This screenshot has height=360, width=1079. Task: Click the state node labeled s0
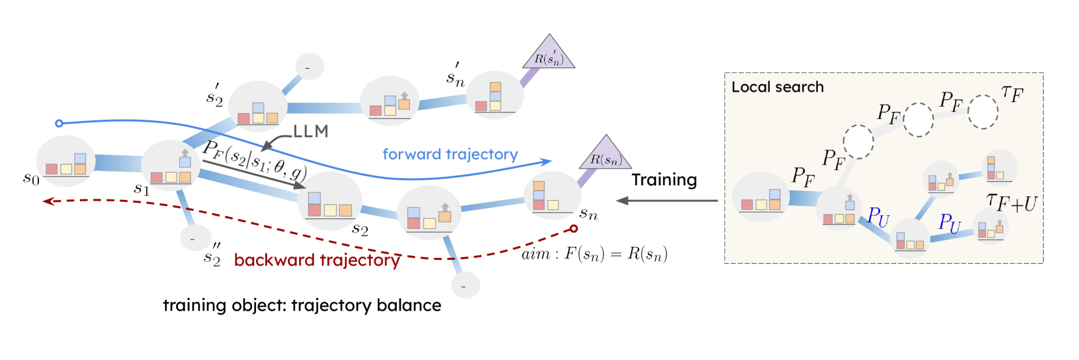pyautogui.click(x=66, y=162)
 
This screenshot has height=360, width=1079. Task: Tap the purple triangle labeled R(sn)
pyautogui.click(x=605, y=155)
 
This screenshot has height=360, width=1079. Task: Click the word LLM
pyautogui.click(x=311, y=132)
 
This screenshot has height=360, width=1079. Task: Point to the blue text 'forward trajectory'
pyautogui.click(x=450, y=154)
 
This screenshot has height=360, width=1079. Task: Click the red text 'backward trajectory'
pyautogui.click(x=317, y=260)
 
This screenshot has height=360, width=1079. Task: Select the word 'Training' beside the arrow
pyautogui.click(x=664, y=180)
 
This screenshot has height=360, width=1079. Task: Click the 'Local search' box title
pyautogui.click(x=777, y=87)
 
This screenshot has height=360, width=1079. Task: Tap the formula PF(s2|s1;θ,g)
pyautogui.click(x=254, y=159)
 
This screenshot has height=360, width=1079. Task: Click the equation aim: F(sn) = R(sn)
pyautogui.click(x=594, y=254)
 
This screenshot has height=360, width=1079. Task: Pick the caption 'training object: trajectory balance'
pyautogui.click(x=301, y=305)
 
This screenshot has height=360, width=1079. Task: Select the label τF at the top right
pyautogui.click(x=1012, y=94)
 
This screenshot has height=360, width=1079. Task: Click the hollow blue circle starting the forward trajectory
pyautogui.click(x=59, y=123)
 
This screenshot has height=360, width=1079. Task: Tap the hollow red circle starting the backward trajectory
pyautogui.click(x=574, y=228)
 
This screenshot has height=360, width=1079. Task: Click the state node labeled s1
pyautogui.click(x=170, y=166)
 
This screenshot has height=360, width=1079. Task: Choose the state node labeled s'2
pyautogui.click(x=258, y=107)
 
